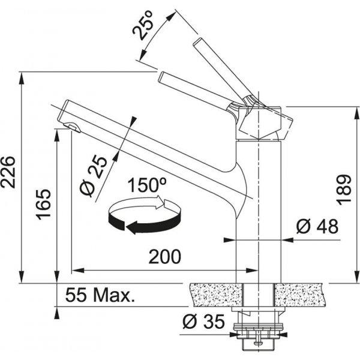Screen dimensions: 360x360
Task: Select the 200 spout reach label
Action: point(165,256)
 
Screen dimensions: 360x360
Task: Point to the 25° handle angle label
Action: point(143,25)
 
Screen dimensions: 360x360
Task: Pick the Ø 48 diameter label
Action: point(317,226)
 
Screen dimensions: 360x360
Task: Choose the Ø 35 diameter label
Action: point(203,322)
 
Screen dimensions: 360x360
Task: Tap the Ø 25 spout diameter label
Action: point(94,176)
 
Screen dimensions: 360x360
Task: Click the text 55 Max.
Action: point(100,295)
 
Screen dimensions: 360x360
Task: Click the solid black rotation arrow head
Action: point(132,227)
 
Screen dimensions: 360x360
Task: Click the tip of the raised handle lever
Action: point(197,42)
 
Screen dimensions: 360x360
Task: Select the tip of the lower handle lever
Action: point(161,77)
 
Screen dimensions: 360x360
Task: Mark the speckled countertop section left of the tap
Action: point(217,295)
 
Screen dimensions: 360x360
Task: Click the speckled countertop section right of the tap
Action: point(299,295)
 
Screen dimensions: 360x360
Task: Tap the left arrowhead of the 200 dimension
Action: point(77,270)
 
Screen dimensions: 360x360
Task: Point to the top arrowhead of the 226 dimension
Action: point(22,79)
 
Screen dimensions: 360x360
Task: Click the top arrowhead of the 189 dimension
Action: point(357,113)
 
